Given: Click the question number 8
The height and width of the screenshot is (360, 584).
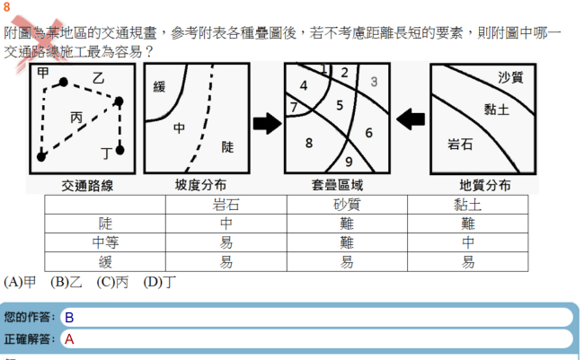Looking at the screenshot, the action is click(6, 7).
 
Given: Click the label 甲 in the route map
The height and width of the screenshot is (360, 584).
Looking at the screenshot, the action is click(43, 72).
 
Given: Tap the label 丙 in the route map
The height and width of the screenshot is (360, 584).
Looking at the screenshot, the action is click(76, 118).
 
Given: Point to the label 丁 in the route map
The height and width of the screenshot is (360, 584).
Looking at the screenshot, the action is click(107, 153).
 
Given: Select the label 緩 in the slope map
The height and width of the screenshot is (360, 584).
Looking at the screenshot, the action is click(159, 87).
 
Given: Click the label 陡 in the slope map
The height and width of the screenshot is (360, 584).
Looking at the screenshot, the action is click(227, 147).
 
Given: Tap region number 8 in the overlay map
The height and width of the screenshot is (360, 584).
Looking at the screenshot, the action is click(309, 143).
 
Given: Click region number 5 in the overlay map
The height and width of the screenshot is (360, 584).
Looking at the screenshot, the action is click(340, 105).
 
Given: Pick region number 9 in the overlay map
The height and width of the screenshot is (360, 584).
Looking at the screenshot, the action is click(349, 162).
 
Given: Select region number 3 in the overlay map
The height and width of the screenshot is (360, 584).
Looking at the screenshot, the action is click(374, 82).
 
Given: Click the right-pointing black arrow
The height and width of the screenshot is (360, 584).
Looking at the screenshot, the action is click(267, 123).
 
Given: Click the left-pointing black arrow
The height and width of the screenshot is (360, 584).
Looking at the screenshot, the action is click(411, 119).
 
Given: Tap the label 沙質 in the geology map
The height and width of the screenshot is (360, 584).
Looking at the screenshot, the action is click(510, 77).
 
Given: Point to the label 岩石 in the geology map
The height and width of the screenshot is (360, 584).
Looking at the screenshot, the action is click(460, 144).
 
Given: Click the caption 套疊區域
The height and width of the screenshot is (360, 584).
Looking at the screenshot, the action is click(337, 185).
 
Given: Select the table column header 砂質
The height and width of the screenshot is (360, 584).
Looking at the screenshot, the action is click(347, 205).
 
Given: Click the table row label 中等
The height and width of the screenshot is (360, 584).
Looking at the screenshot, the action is click(105, 242).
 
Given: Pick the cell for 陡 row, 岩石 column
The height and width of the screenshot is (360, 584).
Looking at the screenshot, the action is click(226, 224).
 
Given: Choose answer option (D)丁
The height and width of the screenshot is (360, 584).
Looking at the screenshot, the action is click(159, 282).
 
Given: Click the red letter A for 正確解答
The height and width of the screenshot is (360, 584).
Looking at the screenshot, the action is click(69, 339).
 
